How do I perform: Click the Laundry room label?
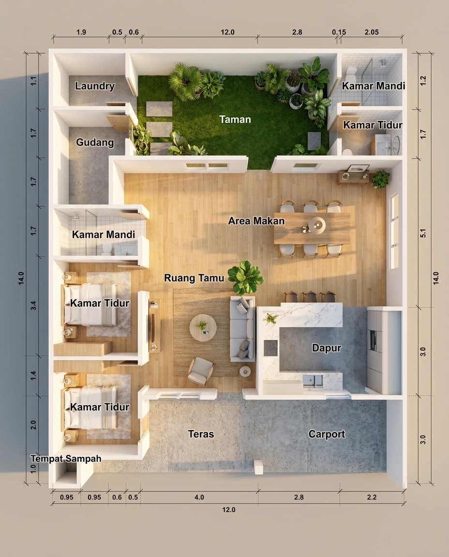pyautogui.click(x=94, y=87)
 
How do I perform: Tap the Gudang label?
pyautogui.click(x=95, y=143)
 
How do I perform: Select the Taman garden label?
pyautogui.click(x=235, y=119)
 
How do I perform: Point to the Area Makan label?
pyautogui.click(x=256, y=221)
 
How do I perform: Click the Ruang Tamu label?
pyautogui.click(x=194, y=278)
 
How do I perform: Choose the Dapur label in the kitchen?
pyautogui.click(x=327, y=348)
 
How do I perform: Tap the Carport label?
pyautogui.click(x=327, y=434)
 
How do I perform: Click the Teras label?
pyautogui.click(x=201, y=434)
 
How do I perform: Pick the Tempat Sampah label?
pyautogui.click(x=66, y=458)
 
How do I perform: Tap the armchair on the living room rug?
pyautogui.click(x=201, y=371)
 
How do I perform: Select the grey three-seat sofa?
pyautogui.click(x=242, y=329)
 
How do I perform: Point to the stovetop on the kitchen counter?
pyautogui.click(x=270, y=348)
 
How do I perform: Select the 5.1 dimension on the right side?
pyautogui.click(x=423, y=234)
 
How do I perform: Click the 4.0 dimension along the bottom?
pyautogui.click(x=199, y=498)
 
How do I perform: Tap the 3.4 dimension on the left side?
pyautogui.click(x=33, y=306)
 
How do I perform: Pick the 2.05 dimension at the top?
pyautogui.click(x=372, y=32)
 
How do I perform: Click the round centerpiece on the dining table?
pyautogui.click(x=317, y=225)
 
